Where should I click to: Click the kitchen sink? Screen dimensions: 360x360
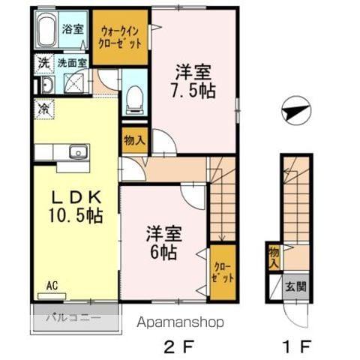click(79, 152)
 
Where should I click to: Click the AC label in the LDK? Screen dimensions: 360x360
click(52, 285)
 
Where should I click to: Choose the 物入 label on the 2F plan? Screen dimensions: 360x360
click(134, 140)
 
